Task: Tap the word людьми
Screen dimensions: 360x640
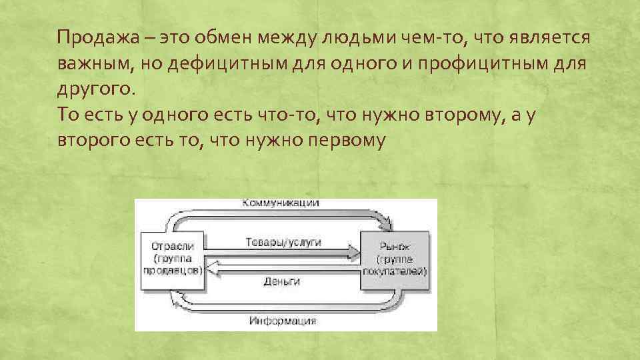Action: click(x=359, y=37)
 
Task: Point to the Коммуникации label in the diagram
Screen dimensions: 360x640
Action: click(x=280, y=203)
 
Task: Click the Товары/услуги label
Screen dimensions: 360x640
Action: click(x=283, y=243)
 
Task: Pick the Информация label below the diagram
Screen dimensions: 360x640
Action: click(x=283, y=321)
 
